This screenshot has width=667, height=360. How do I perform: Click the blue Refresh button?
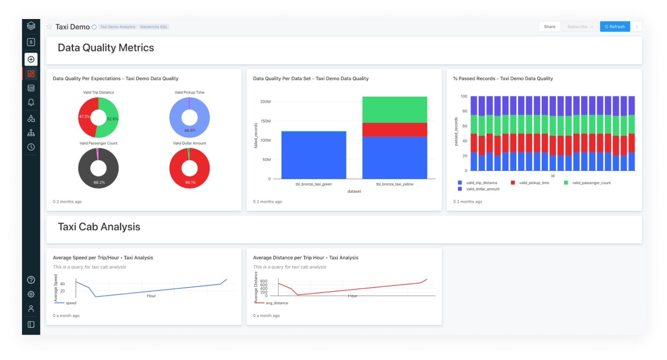pos(614,27)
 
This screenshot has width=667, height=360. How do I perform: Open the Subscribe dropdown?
pos(580,27)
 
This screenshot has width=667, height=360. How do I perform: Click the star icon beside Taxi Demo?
pos(49,26)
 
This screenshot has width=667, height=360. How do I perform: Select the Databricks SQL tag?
pos(154,27)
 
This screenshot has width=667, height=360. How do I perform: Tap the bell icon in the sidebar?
pos(31,102)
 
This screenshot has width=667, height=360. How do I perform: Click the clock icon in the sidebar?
pos(31,147)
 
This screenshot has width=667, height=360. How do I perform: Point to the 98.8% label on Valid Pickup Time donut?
pos(190,130)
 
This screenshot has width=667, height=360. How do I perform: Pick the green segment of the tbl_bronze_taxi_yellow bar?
pos(394,109)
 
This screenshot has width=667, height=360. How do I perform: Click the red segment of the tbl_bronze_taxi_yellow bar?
pos(394,130)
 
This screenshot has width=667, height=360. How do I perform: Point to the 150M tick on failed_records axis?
pos(265,121)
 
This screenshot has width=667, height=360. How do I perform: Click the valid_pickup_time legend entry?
pos(534,183)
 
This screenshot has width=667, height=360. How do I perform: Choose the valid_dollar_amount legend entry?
pos(482,189)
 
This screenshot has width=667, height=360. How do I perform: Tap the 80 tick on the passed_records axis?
pos(464,111)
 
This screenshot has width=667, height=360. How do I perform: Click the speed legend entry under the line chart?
pos(71,303)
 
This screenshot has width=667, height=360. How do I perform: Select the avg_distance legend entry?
pos(276,303)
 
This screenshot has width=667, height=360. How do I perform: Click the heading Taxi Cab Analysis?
pos(99,227)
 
